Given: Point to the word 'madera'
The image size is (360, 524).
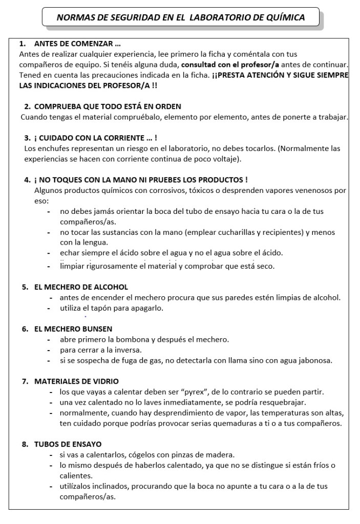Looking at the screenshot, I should click(x=221, y=454).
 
